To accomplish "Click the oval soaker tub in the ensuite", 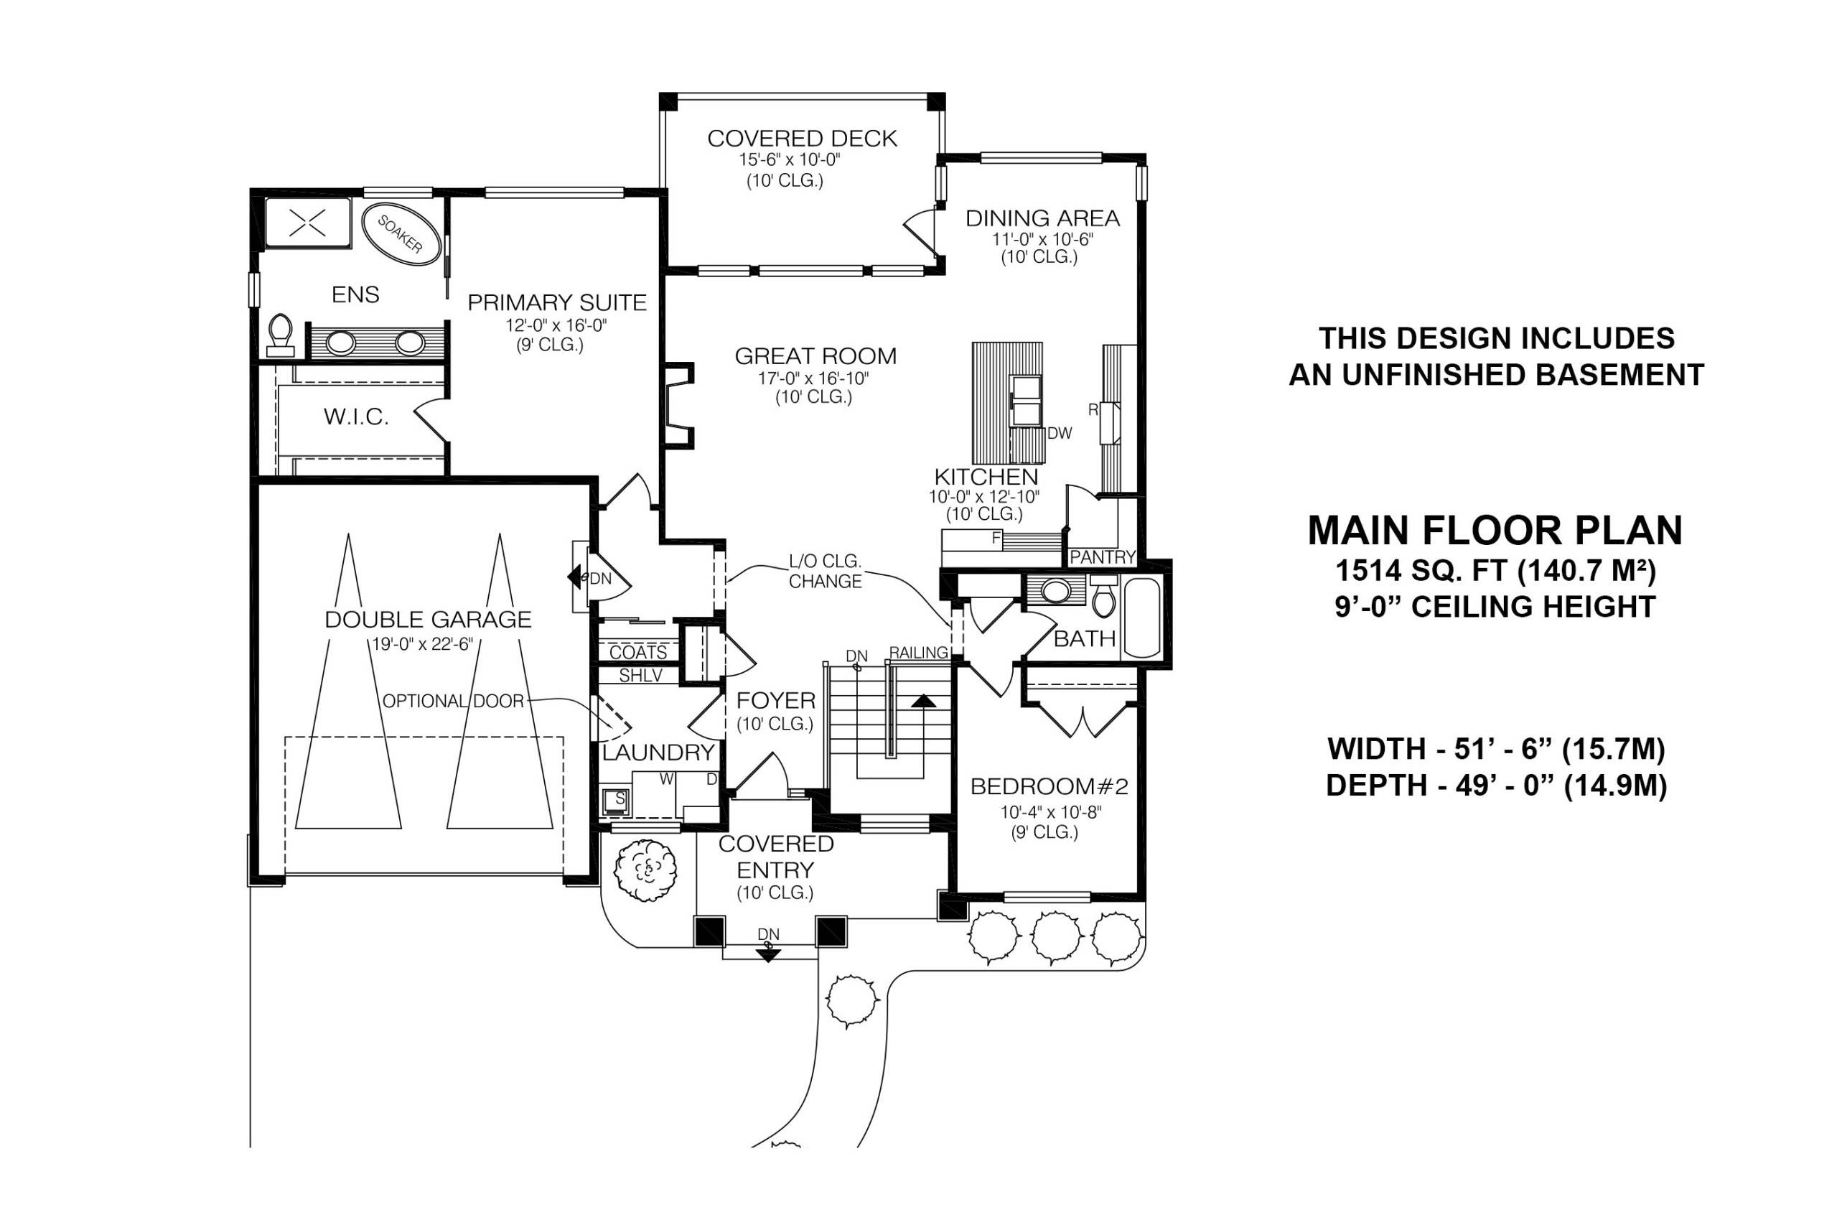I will click(399, 233).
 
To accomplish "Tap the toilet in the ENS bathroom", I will click(280, 335).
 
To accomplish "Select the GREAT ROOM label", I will click(815, 356).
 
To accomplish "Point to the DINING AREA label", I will click(1042, 218).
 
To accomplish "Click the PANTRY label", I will click(1102, 557).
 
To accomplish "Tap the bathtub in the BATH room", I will click(1142, 618).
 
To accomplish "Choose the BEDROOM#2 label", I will click(1049, 787).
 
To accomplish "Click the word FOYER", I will click(775, 700).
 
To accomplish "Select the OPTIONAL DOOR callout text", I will click(453, 702).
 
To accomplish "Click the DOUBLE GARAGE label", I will click(428, 620).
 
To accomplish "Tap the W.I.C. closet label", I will click(356, 417).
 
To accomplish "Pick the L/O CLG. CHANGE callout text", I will click(825, 571).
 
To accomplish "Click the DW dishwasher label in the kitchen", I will click(1060, 434).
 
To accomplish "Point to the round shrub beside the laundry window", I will click(645, 870).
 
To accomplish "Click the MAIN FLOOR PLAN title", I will click(1495, 531).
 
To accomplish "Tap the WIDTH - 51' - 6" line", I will click(1495, 749).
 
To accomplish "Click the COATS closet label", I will click(638, 652).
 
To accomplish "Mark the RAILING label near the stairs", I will click(919, 652).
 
